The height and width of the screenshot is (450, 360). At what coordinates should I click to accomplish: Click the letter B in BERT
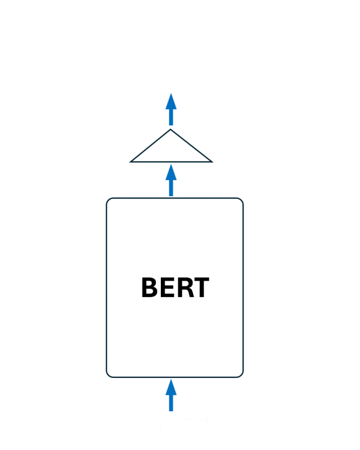coord(150,287)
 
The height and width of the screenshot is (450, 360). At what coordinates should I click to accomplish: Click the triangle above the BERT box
coord(171,151)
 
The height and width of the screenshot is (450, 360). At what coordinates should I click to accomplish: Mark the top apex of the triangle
coord(170,129)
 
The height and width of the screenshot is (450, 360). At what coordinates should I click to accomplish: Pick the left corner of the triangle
coord(130,162)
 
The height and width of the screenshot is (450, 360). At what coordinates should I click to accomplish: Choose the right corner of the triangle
coord(212,162)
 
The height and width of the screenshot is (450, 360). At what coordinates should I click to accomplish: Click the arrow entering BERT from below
coord(171,395)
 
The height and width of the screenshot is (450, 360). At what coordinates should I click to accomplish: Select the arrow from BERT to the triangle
coord(171,180)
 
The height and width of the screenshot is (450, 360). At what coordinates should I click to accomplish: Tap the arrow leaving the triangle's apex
coord(171,109)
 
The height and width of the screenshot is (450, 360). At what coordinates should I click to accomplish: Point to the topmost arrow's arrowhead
coord(171,101)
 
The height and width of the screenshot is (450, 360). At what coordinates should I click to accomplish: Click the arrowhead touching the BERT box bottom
coord(171,387)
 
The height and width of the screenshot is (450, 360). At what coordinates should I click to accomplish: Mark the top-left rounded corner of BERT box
coord(108,200)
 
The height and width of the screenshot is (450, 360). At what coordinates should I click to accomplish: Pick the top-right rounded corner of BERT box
coord(241,200)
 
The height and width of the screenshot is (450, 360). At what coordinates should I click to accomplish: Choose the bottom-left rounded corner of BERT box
coord(108,375)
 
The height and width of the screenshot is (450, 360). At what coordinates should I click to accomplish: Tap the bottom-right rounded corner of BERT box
coord(241,375)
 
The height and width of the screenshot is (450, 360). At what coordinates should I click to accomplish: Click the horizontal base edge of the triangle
coord(171,162)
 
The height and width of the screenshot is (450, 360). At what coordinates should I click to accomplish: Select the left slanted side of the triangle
coord(150,146)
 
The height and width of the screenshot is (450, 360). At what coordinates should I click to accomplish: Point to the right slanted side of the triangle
coord(191,146)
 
